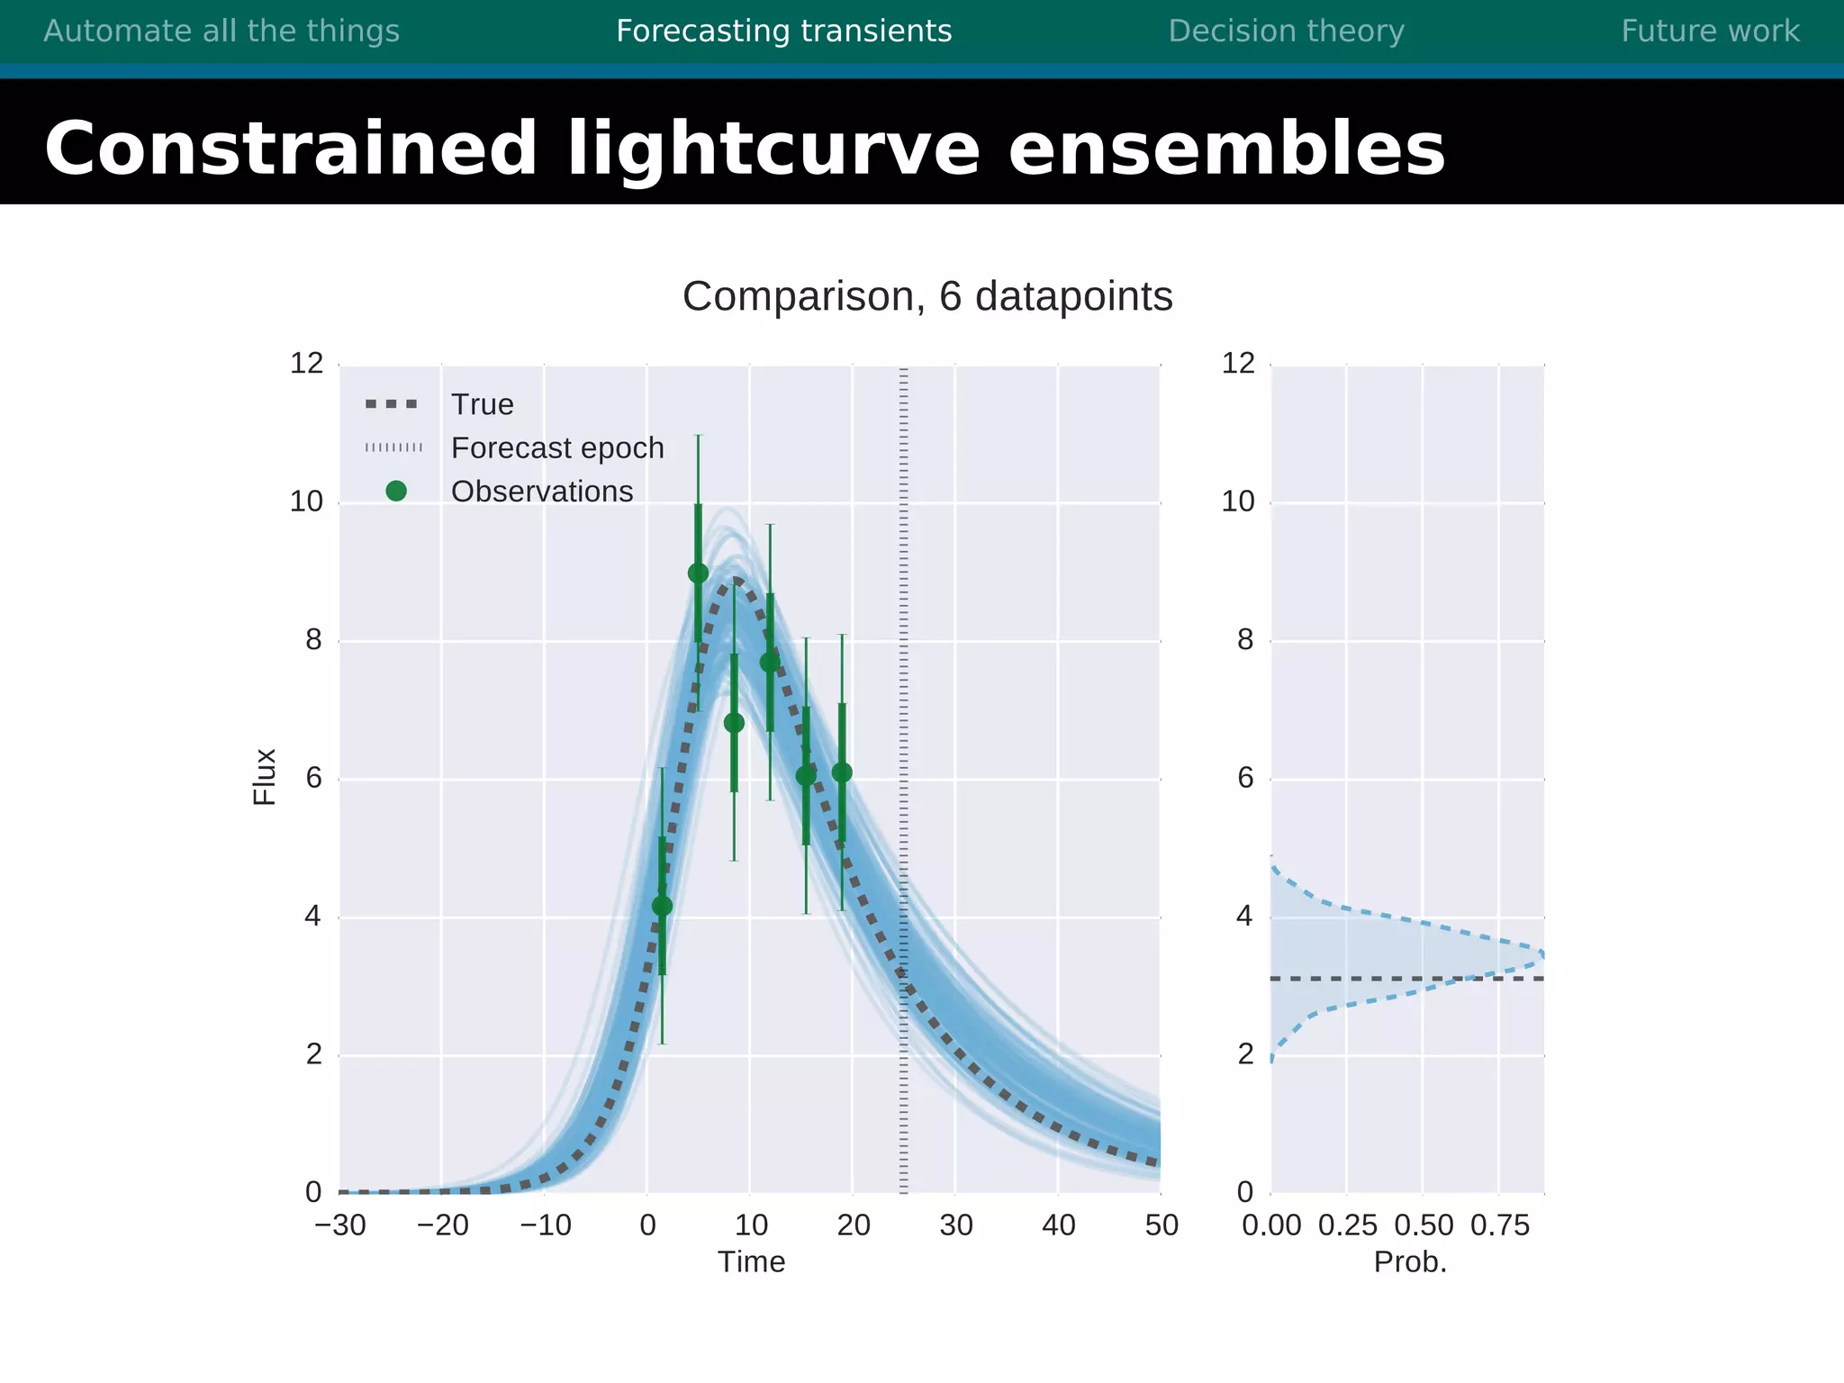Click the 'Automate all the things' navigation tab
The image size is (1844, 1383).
[221, 32]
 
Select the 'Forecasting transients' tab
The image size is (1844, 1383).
[783, 32]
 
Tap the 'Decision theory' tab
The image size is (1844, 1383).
[1286, 32]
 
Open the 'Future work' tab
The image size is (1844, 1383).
[1710, 32]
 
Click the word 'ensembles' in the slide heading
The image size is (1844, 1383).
[1226, 149]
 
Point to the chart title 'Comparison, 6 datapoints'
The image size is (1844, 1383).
[927, 296]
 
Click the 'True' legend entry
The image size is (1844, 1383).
[482, 404]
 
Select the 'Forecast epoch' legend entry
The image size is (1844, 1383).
[556, 447]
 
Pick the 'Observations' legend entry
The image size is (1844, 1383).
[541, 491]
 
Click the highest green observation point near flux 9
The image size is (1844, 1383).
[698, 574]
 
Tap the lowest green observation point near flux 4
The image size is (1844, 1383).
[662, 906]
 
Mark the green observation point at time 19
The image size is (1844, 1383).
[842, 773]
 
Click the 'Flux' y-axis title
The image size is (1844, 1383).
[264, 776]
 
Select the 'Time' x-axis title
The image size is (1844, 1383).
[751, 1261]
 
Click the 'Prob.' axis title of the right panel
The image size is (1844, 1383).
[1410, 1261]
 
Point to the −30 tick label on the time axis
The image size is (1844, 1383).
[340, 1225]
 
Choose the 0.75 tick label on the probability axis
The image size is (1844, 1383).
[1500, 1225]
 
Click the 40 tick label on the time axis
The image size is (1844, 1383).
[1058, 1225]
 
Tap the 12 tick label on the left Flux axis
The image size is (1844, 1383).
[306, 363]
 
